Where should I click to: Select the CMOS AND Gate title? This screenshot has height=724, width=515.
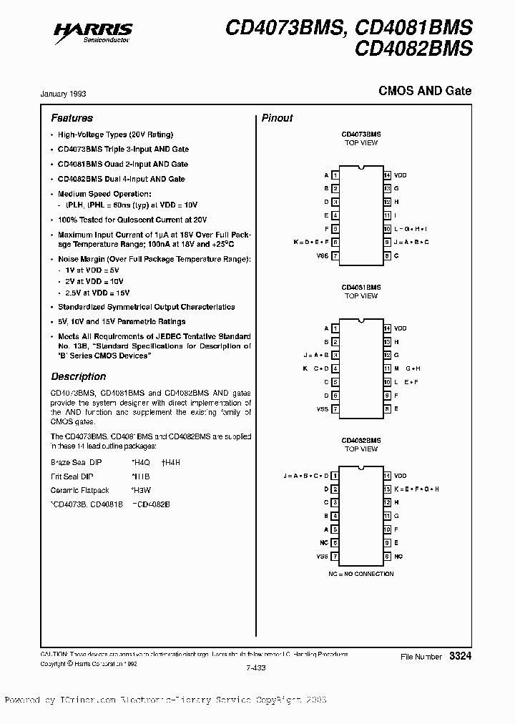425,92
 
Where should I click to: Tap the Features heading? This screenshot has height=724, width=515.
72,118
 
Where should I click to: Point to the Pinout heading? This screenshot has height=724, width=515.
277,118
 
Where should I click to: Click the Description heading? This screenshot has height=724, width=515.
78,376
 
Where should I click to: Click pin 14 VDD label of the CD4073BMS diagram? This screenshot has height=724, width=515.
400,175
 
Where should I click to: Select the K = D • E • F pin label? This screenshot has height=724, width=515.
310,242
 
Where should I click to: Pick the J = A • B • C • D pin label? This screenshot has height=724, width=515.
306,476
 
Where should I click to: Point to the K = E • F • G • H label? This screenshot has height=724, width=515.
416,489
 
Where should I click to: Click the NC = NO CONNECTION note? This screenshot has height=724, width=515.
361,573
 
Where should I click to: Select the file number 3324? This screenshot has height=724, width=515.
461,656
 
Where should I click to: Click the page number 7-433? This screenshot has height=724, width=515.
255,668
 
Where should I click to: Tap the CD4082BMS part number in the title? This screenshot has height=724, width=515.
423,49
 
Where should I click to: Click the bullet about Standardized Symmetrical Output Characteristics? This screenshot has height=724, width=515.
146,307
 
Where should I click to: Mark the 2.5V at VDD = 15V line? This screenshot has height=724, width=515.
94,293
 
